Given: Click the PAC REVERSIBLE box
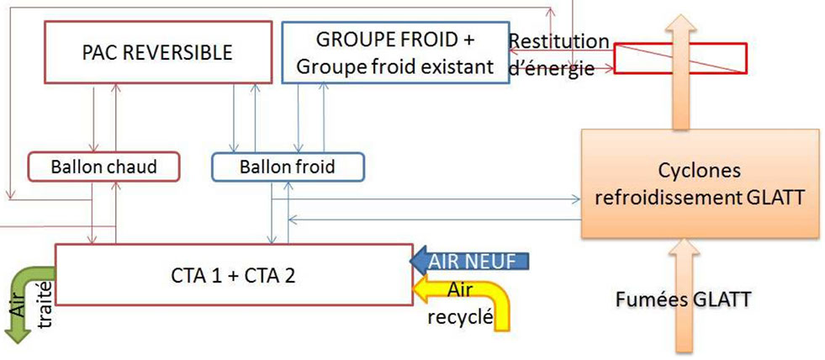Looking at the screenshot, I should click(157, 53).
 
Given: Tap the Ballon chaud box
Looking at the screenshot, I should click(105, 167).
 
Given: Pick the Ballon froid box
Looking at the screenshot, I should click(287, 167).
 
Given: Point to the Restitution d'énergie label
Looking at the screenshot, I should click(558, 56).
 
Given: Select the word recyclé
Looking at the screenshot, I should click(459, 318).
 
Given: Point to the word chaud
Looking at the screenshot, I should click(134, 167).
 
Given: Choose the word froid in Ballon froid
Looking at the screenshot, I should click(314, 167).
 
